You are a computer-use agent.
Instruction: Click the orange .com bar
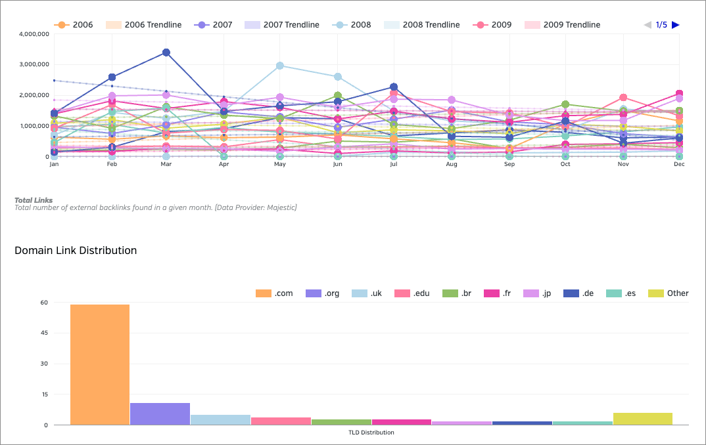click(100, 364)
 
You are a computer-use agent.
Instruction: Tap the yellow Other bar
click(642, 419)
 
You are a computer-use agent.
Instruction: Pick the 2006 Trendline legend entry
click(144, 25)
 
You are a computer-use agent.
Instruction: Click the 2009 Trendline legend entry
click(563, 25)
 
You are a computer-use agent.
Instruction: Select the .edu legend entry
click(412, 293)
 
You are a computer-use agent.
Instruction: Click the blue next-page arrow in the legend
click(676, 25)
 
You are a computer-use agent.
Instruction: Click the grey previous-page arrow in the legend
click(647, 25)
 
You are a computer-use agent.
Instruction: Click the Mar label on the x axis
click(166, 164)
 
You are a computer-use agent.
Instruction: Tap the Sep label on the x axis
click(509, 164)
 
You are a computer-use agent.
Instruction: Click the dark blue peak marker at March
click(166, 53)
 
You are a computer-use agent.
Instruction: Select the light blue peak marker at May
click(280, 66)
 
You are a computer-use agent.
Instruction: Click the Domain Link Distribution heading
click(76, 250)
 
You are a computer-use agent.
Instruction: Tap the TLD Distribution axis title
click(371, 433)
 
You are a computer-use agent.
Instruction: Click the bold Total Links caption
click(34, 200)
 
